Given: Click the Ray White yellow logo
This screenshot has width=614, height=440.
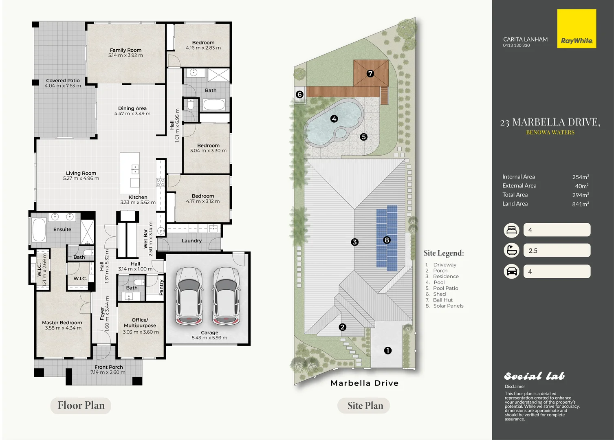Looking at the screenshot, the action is tap(577, 29).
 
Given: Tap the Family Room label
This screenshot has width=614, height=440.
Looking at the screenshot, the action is tap(125, 50).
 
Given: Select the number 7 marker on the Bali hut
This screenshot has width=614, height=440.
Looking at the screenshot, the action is tap(370, 73).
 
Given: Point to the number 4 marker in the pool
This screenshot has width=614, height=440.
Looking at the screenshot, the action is tap(334, 119).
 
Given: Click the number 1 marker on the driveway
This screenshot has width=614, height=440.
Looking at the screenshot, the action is tap(387, 350).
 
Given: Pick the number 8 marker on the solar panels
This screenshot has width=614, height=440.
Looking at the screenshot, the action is tap(387, 240).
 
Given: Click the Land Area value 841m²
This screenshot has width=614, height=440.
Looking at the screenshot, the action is tap(581, 204).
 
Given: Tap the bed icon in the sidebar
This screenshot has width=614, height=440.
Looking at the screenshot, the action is tap(511, 230).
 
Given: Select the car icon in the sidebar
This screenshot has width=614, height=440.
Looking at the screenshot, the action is tap(511, 271).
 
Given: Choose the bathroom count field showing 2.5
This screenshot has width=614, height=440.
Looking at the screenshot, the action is tap(557, 251).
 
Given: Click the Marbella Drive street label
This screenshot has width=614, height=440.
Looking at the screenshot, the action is tap(365, 383).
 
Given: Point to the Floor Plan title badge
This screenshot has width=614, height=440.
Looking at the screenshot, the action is tap(81, 405).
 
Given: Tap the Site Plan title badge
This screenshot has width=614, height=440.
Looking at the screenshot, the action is tap(364, 405).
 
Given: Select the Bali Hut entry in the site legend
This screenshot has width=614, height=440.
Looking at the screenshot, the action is tap(442, 300).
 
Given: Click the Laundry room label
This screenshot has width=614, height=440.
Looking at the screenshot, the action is tap(191, 241).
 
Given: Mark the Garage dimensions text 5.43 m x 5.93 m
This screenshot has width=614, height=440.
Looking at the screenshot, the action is tap(209, 338).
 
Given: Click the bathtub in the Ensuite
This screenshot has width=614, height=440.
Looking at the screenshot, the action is tap(39, 229).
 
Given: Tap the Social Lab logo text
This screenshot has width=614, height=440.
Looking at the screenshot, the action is tap(534, 376).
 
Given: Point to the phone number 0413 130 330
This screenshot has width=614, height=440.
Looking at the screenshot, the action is tap(516, 46).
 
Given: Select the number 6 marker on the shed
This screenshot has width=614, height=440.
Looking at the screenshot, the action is tap(299, 95).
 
